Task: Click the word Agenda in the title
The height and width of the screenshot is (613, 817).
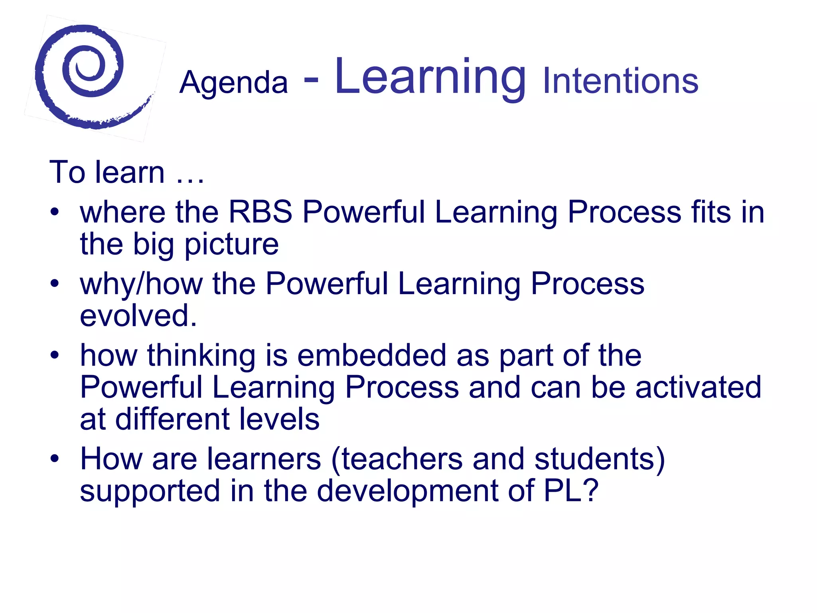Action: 233,83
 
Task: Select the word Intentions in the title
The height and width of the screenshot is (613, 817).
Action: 620,81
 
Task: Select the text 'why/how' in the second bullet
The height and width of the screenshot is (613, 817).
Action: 141,284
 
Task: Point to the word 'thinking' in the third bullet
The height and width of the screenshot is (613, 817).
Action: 201,355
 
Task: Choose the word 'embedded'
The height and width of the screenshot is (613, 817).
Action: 371,355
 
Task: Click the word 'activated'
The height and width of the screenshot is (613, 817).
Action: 698,387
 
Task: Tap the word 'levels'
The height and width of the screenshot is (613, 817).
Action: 279,419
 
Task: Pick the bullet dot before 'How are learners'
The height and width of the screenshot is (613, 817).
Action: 55,458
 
